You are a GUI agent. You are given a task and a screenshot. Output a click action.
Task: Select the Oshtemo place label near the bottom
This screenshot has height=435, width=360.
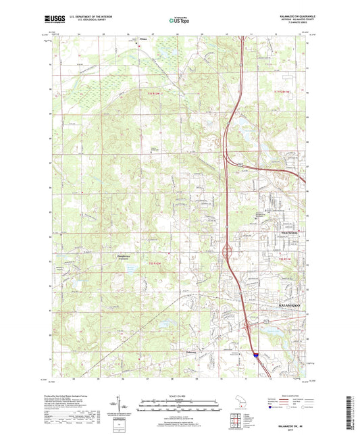pyautogui.click(x=195, y=351)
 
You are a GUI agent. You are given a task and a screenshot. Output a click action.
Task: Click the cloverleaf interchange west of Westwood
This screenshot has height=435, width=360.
pyautogui.click(x=227, y=251)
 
